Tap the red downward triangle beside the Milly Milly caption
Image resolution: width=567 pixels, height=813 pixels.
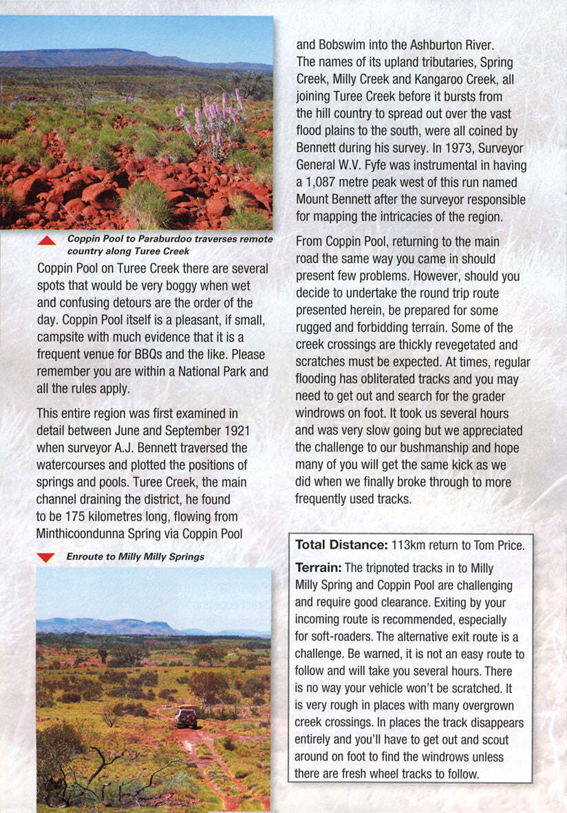(45, 557)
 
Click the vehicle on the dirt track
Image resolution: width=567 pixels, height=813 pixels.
(185, 718)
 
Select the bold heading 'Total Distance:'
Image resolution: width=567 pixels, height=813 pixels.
(341, 545)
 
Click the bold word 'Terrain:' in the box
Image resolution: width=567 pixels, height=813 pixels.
(318, 568)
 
